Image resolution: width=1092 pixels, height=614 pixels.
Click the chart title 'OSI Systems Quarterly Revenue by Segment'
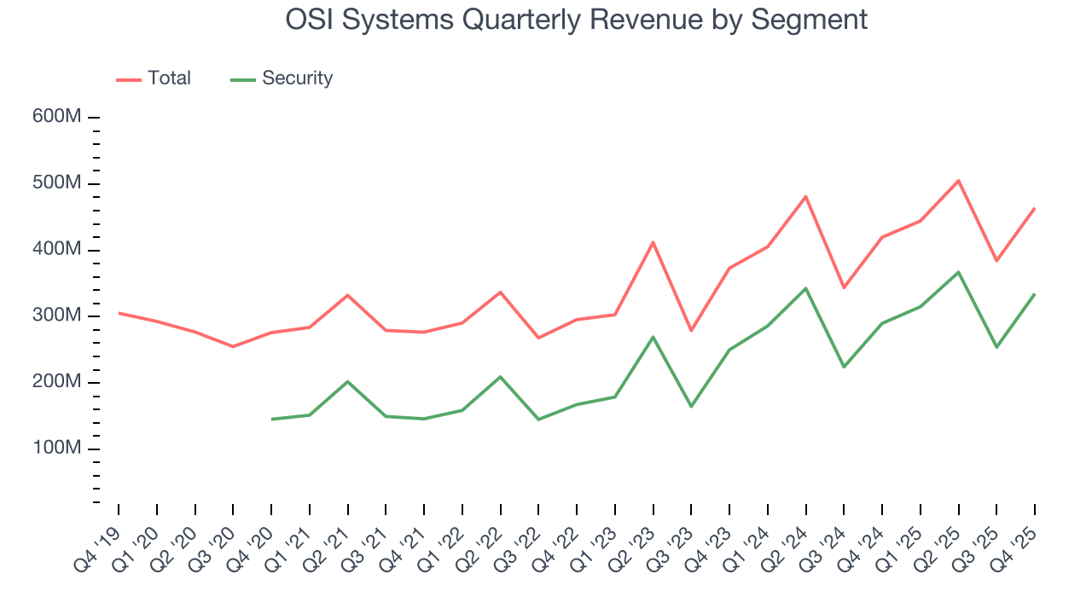[576, 19]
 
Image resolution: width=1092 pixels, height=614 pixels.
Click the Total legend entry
[154, 78]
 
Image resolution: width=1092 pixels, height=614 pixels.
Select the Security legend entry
[282, 78]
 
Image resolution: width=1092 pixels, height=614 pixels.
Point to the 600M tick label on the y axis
[57, 117]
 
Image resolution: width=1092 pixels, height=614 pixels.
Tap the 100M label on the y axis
[57, 449]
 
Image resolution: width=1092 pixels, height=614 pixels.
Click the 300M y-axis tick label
[57, 316]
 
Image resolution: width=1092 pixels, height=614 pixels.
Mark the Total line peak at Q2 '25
[958, 181]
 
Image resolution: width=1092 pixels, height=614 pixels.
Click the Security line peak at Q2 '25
[958, 272]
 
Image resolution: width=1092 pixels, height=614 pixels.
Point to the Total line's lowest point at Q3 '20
[233, 346]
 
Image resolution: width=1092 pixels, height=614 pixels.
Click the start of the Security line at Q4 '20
[271, 419]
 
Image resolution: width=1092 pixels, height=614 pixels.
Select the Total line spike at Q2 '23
[653, 242]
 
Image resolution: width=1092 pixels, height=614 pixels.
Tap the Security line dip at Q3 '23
[691, 406]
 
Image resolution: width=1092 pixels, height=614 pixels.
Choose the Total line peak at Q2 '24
[805, 197]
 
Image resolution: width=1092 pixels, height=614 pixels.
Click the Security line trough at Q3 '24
[844, 367]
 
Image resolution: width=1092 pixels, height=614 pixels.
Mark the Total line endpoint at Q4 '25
[1035, 208]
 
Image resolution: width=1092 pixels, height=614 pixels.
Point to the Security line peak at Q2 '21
[347, 381]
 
